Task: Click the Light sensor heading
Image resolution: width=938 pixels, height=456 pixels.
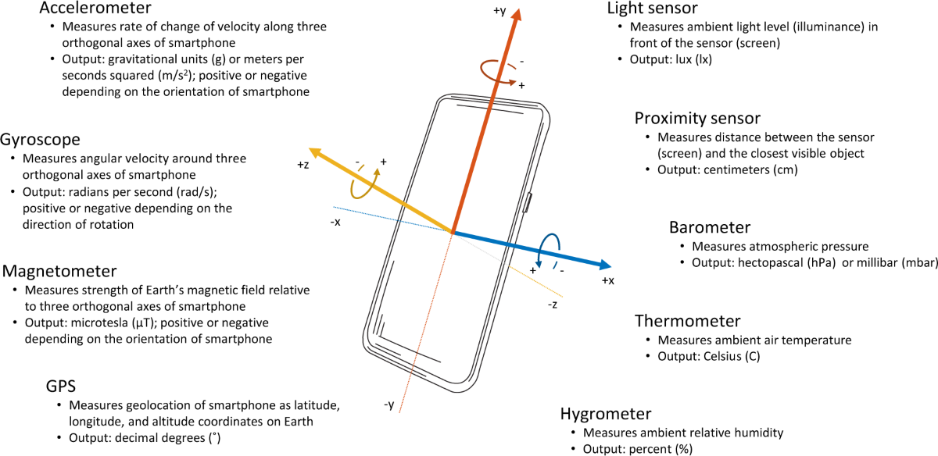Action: click(653, 9)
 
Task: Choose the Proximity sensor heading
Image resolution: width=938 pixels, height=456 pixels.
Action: click(697, 119)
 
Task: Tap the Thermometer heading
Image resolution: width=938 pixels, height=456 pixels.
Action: click(687, 321)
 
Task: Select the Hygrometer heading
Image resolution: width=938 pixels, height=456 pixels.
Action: click(606, 414)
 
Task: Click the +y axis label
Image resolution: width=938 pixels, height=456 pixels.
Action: click(500, 12)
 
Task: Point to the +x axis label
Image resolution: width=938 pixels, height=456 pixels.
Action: click(609, 280)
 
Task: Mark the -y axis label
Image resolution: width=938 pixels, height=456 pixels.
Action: click(388, 404)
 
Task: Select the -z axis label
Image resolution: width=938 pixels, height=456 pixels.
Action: click(553, 304)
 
